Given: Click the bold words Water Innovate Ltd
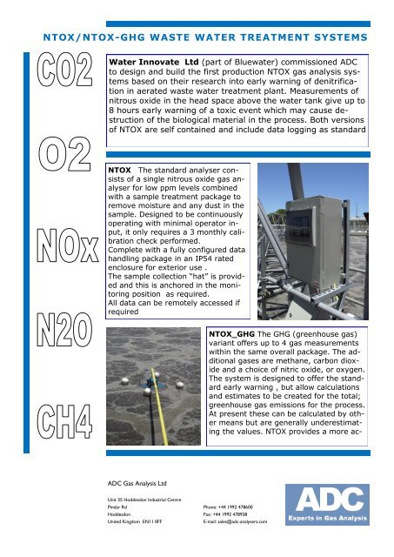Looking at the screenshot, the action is [157, 63].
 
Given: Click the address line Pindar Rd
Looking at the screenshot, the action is [107, 506].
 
